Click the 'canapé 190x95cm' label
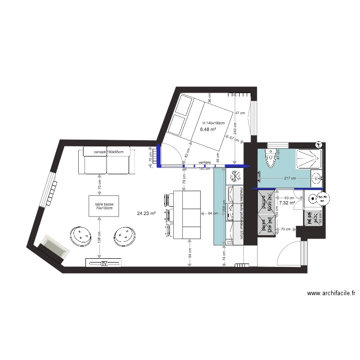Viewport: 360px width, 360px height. [108, 152]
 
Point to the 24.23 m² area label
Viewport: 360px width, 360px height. [146, 214]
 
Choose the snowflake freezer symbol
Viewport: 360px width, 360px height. [235, 176]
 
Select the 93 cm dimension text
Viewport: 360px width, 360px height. [289, 198]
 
